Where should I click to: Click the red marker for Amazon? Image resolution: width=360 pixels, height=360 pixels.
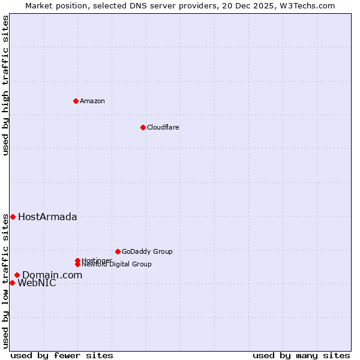(76, 101)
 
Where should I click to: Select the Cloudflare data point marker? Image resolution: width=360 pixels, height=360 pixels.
(143, 127)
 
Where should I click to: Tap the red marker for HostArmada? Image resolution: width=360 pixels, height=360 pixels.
(13, 217)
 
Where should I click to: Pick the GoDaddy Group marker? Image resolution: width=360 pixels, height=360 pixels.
(118, 251)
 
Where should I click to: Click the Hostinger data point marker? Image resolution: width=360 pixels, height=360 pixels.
(77, 260)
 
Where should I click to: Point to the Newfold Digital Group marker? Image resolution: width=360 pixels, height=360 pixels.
(77, 264)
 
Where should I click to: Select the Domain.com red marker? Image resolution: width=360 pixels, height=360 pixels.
(17, 275)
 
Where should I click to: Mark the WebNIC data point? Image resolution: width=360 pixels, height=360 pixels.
(12, 283)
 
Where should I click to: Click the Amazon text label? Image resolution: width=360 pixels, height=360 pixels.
(92, 101)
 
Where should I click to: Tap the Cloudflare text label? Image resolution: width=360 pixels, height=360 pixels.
(163, 127)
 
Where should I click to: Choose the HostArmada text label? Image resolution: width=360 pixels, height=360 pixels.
(47, 217)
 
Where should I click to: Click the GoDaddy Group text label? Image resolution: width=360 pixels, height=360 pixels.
(147, 251)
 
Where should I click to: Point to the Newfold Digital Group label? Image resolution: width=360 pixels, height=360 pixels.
(117, 265)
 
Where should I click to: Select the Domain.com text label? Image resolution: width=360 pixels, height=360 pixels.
(52, 275)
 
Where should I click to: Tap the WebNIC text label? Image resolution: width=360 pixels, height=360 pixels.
(37, 283)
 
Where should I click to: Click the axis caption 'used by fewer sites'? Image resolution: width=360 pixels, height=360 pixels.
(62, 355)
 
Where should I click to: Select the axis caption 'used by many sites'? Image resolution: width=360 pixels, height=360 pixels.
(301, 355)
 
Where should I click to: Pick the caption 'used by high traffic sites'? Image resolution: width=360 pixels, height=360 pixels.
(6, 85)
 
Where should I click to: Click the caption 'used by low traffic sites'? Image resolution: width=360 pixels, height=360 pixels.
(6, 281)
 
